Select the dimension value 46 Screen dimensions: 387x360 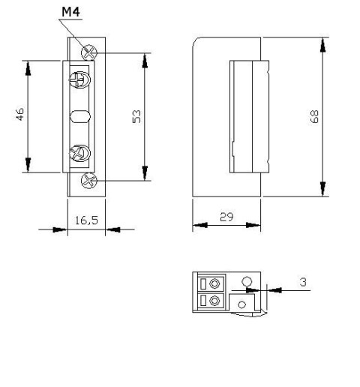(20, 115)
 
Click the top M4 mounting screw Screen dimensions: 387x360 (90, 52)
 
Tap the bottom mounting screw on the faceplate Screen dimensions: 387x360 (89, 179)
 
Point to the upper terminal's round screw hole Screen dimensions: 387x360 (216, 284)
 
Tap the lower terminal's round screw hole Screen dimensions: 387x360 (216, 301)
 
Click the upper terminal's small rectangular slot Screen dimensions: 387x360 (202, 284)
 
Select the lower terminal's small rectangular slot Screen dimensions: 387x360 (202, 301)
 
